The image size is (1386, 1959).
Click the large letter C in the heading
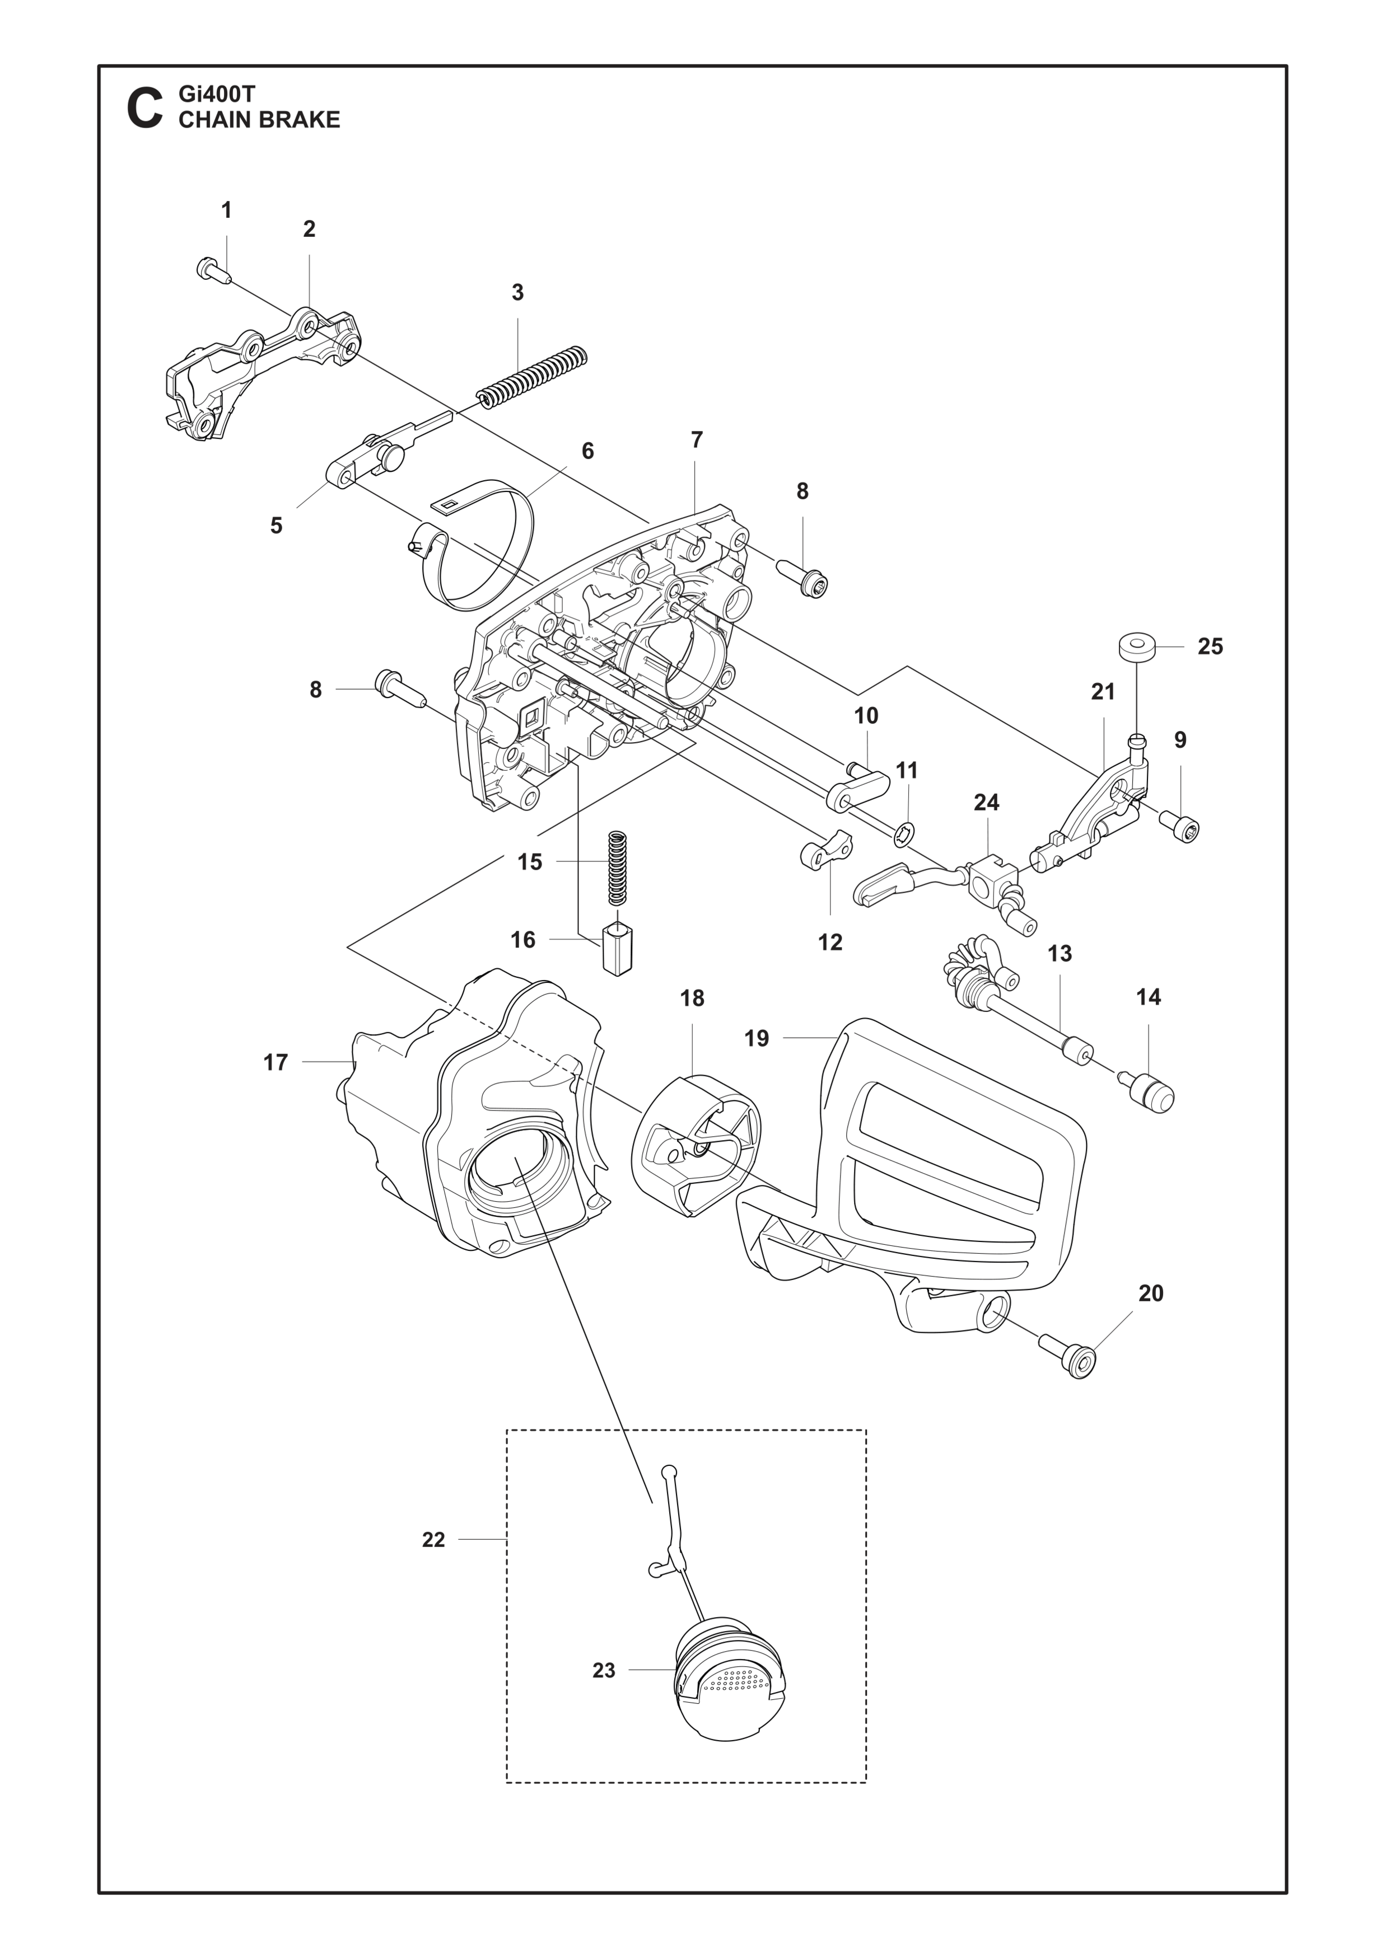pos(144,109)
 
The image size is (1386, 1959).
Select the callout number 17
pos(276,1062)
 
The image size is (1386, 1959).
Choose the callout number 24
pos(987,802)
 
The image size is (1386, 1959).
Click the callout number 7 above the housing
pos(697,440)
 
